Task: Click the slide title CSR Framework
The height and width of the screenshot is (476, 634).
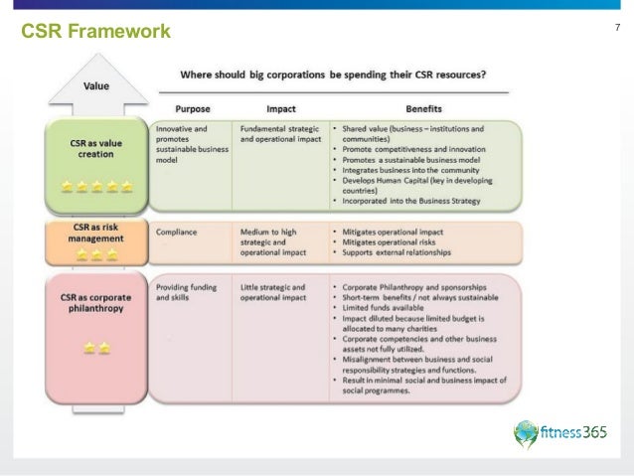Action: pyautogui.click(x=95, y=32)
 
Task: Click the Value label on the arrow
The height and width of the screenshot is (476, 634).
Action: pyautogui.click(x=96, y=85)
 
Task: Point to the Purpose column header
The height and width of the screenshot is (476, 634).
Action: pyautogui.click(x=192, y=108)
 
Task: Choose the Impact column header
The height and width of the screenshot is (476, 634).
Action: pyautogui.click(x=281, y=108)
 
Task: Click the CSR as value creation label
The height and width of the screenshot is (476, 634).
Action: pyautogui.click(x=96, y=148)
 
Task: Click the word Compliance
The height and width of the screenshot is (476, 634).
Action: pyautogui.click(x=176, y=233)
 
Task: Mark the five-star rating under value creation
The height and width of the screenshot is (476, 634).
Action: pyautogui.click(x=96, y=186)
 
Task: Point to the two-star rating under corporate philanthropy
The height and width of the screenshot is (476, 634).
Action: pyautogui.click(x=96, y=348)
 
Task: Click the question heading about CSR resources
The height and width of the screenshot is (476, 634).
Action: pyautogui.click(x=332, y=76)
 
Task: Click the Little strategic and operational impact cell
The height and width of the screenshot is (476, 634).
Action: pyautogui.click(x=274, y=292)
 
